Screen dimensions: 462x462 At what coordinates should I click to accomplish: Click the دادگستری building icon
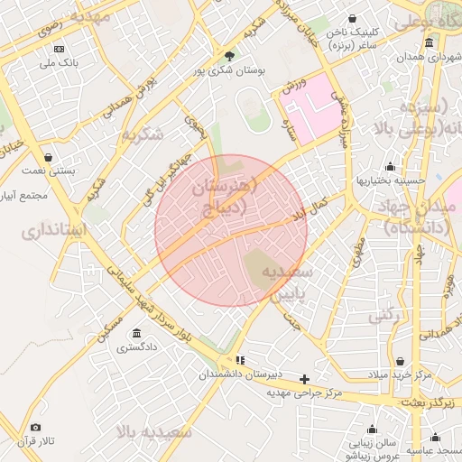136,332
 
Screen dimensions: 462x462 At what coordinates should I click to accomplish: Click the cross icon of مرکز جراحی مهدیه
305,379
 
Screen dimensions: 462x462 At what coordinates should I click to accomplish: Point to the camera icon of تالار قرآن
36,428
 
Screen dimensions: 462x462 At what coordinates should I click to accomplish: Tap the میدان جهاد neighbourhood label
420,217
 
